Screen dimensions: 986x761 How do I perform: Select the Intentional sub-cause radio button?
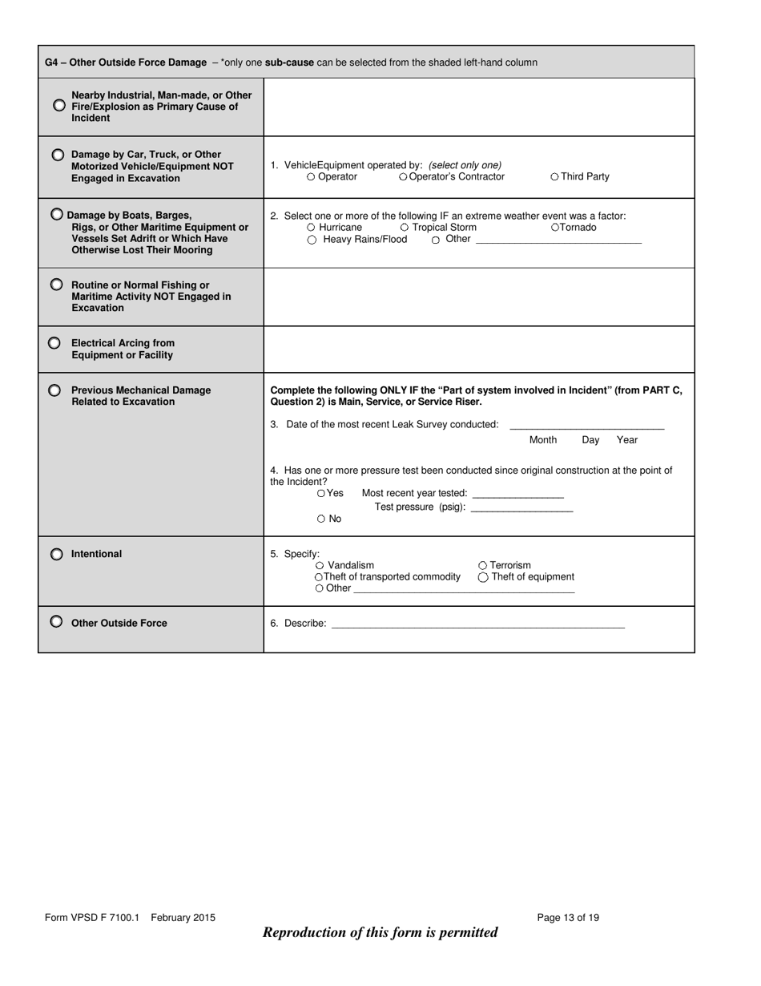56,554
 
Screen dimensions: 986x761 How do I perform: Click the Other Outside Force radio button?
56,621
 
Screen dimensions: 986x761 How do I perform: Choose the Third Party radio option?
555,177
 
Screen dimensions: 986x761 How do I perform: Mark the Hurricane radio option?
312,228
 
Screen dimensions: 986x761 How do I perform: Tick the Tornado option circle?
555,228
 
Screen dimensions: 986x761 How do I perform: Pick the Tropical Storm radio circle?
405,228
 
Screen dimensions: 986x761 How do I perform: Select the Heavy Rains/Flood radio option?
312,240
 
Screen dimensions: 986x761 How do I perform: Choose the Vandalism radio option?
320,566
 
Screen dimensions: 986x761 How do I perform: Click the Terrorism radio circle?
482,566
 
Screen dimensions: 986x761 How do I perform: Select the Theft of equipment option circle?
482,577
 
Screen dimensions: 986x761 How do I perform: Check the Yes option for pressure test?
321,494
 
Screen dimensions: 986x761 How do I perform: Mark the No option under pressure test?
321,519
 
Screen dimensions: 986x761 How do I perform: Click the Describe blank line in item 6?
477,625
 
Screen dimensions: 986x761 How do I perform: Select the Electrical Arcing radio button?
54,342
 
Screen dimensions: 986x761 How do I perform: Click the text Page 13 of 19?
568,918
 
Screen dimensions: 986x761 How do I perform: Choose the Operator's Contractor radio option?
403,177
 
